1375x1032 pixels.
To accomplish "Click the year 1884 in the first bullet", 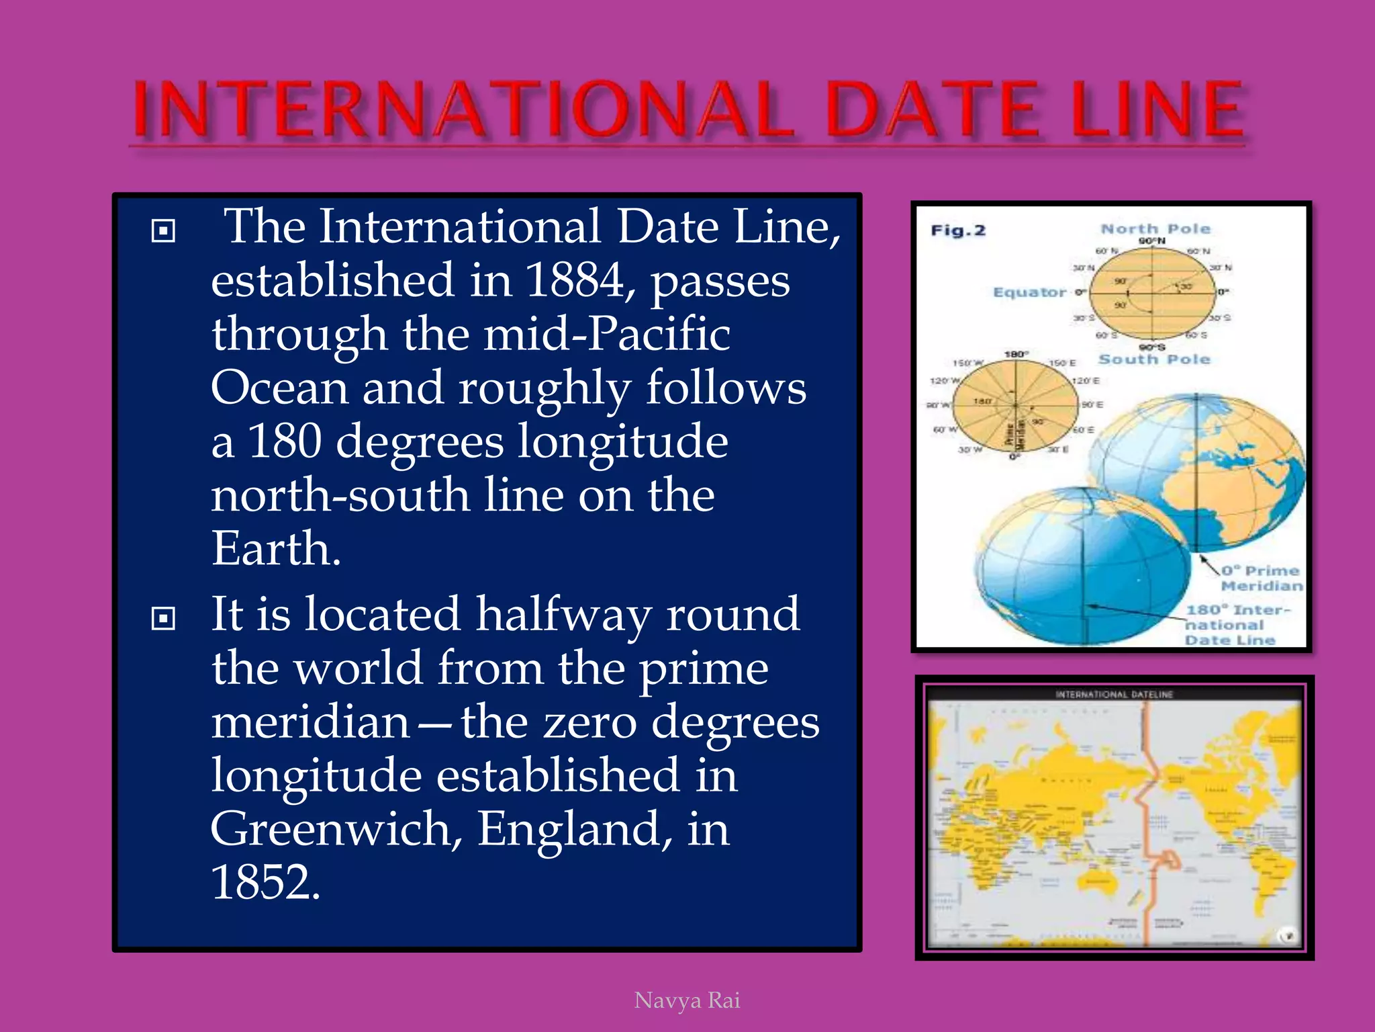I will (575, 280).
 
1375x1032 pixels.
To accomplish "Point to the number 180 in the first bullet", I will (285, 441).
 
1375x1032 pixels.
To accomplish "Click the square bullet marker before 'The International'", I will (163, 230).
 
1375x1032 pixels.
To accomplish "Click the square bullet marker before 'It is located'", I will (163, 617).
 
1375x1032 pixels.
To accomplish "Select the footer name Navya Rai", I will (687, 1000).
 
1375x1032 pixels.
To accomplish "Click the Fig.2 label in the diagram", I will (957, 230).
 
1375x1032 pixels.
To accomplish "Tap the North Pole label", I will (1155, 229).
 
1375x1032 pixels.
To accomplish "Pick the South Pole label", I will (1153, 359).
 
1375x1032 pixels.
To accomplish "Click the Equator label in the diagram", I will (1029, 292).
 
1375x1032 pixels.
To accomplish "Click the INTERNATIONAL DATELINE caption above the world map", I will (1114, 694).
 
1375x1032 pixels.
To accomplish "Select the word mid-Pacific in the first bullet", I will (606, 334).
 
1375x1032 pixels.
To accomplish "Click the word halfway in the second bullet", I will (563, 615).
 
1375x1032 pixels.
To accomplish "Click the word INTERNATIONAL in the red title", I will (463, 109).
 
